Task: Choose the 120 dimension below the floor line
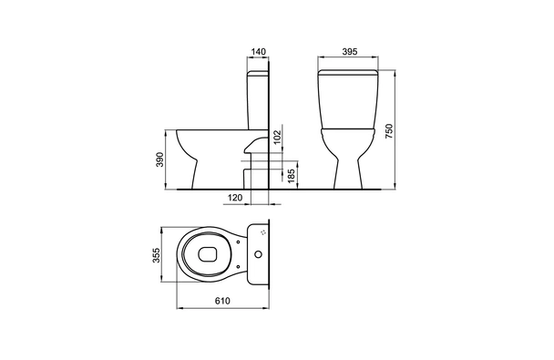pyautogui.click(x=234, y=198)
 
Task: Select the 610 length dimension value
pyautogui.click(x=221, y=302)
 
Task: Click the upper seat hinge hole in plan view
pyautogui.click(x=241, y=240)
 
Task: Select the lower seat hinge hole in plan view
pyautogui.click(x=241, y=265)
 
